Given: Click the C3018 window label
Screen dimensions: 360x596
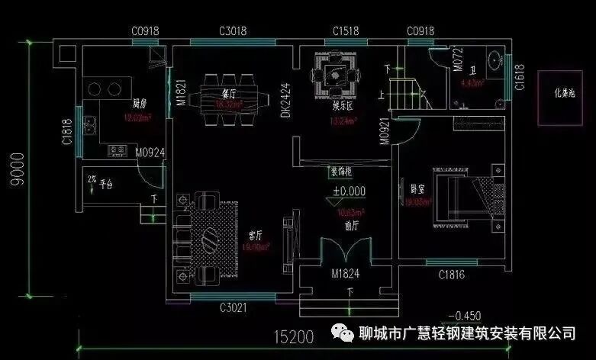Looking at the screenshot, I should (x=233, y=31).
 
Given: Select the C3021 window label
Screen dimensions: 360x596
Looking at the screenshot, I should (x=233, y=307).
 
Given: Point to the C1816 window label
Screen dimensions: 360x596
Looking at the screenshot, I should (x=453, y=275).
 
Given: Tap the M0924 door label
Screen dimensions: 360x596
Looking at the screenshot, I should (x=150, y=153).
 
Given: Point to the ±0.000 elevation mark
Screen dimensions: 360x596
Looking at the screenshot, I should (x=348, y=191).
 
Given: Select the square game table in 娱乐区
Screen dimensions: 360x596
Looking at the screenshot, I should (x=333, y=76).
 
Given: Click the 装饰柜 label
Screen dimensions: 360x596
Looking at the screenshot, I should (x=342, y=171).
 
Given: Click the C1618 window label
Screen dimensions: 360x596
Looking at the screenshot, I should (x=519, y=78).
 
